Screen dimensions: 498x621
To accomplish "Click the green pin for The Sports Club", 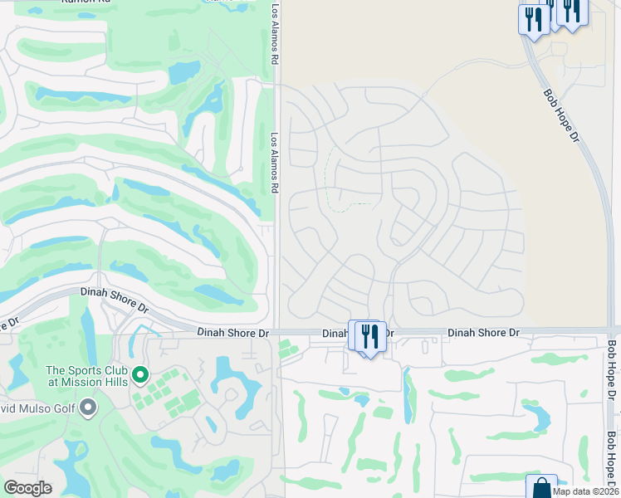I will click(140, 377).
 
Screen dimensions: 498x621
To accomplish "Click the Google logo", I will click(27, 488).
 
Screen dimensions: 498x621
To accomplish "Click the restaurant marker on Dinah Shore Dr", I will click(370, 336).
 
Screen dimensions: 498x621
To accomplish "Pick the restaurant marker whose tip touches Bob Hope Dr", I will click(531, 19).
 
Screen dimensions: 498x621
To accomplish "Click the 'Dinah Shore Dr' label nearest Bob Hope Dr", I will click(483, 332).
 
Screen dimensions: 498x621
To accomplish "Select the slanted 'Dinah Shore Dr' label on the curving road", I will click(115, 299).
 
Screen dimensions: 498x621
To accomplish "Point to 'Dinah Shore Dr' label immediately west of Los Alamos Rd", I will click(233, 332).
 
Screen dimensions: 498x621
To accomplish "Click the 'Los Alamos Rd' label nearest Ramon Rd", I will click(275, 35).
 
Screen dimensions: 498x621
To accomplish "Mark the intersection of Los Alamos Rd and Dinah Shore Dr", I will click(277, 331).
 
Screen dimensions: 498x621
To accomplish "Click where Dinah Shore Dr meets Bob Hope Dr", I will click(612, 331).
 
